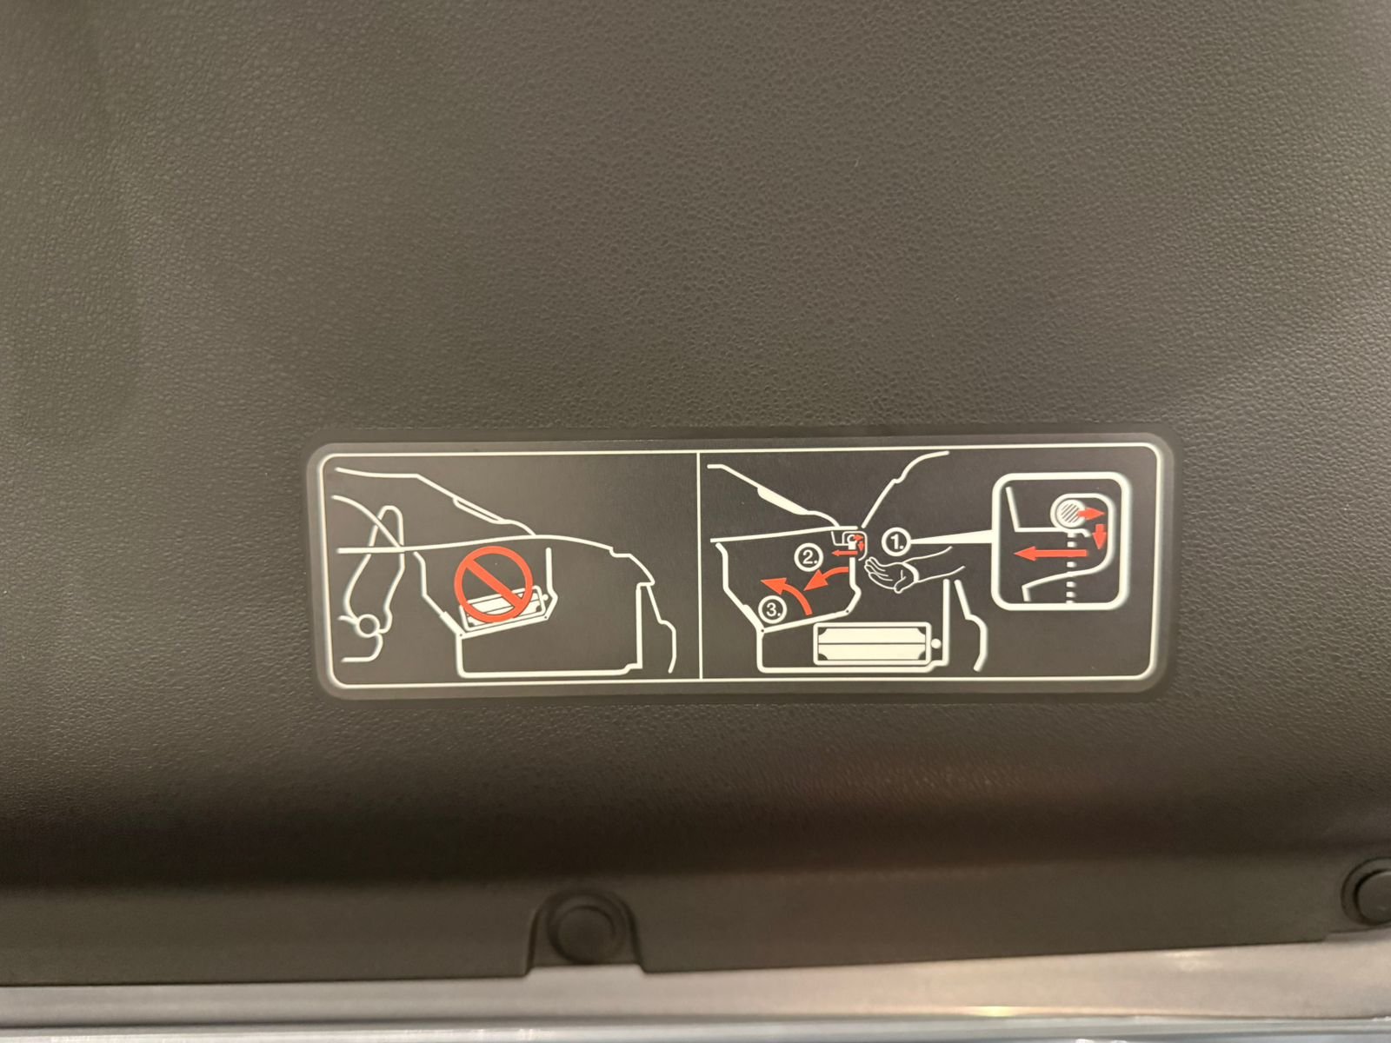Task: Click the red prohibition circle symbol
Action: coord(494,584)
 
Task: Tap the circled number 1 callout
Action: coord(896,541)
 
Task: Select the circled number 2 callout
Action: coord(809,557)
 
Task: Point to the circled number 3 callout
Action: coord(773,610)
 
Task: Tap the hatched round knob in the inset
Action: coord(1068,512)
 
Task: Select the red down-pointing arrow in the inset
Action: coord(1100,535)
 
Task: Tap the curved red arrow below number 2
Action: coord(827,576)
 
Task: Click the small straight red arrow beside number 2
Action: coord(840,553)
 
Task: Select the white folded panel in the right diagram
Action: coord(872,645)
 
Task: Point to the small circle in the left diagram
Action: coord(368,625)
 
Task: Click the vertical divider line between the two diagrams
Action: coord(699,566)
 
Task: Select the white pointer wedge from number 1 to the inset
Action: coord(949,540)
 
